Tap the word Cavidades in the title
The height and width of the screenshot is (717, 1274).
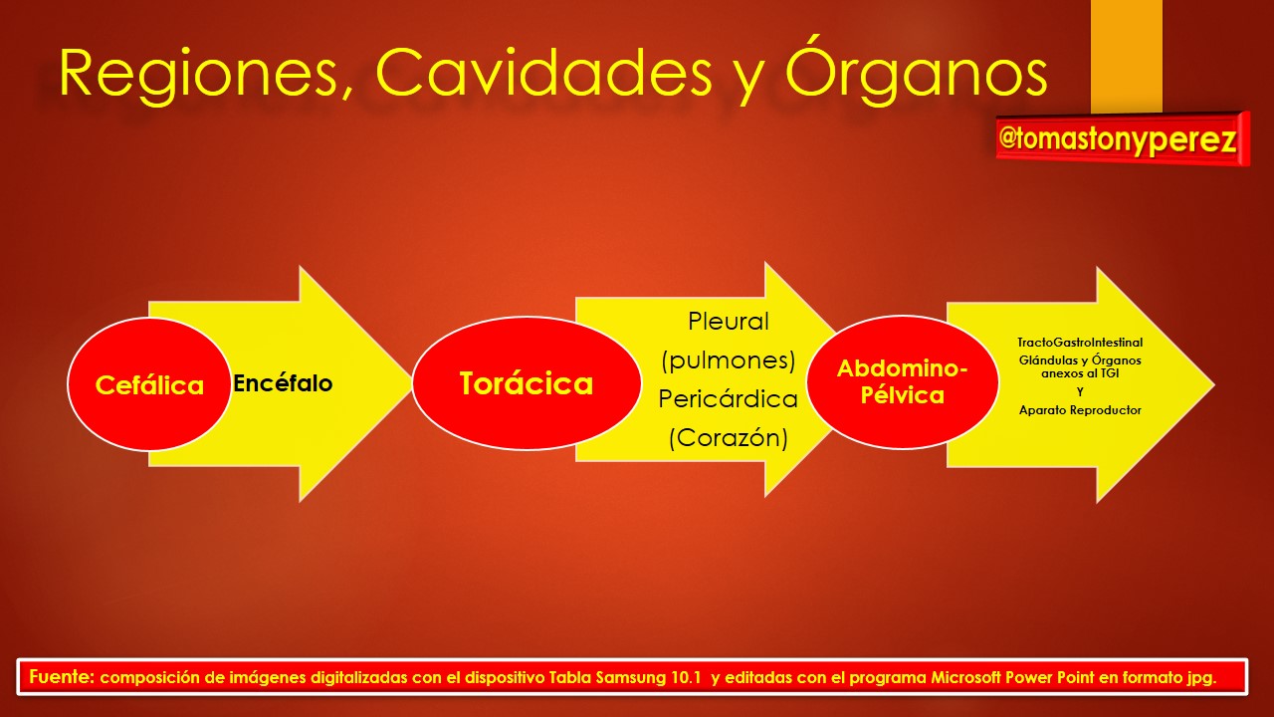[543, 73]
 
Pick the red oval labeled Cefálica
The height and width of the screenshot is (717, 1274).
[149, 384]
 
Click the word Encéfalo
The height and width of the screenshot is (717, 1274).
[283, 383]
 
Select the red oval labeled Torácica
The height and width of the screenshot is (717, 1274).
[527, 383]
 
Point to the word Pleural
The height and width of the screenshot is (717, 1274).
[728, 322]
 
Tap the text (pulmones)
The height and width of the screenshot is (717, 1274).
[728, 360]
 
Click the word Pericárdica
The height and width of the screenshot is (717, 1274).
[728, 399]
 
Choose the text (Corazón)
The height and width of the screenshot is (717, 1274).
[728, 437]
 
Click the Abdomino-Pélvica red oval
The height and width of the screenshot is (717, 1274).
[903, 381]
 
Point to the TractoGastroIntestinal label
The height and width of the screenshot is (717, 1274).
[1080, 343]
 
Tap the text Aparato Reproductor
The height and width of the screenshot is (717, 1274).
[1080, 410]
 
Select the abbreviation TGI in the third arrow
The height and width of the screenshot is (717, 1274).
[1109, 373]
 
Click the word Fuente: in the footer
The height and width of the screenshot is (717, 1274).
[62, 676]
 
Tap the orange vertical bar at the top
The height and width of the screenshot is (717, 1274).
[1126, 56]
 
